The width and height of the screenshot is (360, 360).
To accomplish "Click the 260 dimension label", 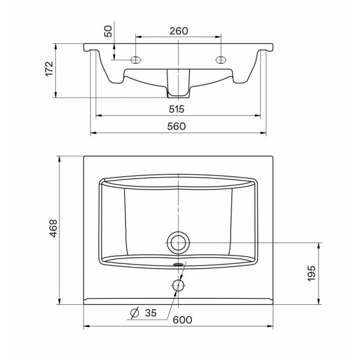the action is (x=179, y=31).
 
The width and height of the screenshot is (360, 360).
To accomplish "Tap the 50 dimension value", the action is (x=108, y=31).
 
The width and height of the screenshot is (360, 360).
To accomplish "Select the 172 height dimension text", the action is (x=49, y=68).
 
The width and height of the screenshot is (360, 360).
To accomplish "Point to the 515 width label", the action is (x=176, y=109).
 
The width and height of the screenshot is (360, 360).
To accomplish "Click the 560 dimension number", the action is (x=176, y=126).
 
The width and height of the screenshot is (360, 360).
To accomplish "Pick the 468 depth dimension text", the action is (x=53, y=228).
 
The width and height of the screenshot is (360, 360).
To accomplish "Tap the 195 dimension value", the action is (x=311, y=274).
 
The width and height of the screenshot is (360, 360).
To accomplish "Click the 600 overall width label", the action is (x=182, y=320).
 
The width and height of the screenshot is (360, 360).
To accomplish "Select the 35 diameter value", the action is (x=151, y=313).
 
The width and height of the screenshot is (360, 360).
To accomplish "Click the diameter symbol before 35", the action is (x=135, y=313).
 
